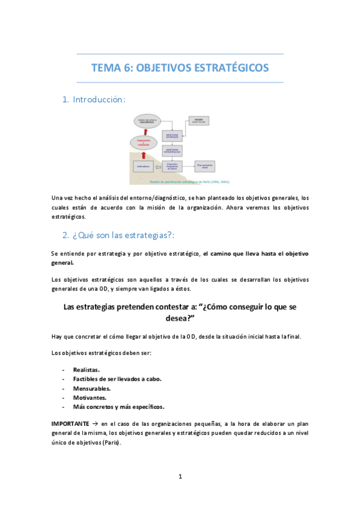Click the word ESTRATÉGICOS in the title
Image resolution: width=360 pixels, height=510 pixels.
coord(232,68)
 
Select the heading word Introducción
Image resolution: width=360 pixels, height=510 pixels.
coord(99,99)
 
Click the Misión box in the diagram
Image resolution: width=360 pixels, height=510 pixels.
coord(199,120)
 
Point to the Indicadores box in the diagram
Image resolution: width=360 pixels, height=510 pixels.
coord(143,167)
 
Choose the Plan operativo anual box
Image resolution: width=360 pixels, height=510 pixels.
coord(204,167)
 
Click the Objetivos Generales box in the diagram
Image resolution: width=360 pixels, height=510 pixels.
coord(172,135)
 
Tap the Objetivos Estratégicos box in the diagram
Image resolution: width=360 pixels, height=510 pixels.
coord(172,150)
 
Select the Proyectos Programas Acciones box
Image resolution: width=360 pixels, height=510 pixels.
coord(172,167)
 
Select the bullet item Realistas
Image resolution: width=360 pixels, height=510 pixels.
coord(87,369)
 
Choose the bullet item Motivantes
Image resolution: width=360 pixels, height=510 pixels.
coord(90,397)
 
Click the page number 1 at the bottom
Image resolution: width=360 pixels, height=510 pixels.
coord(180,477)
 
